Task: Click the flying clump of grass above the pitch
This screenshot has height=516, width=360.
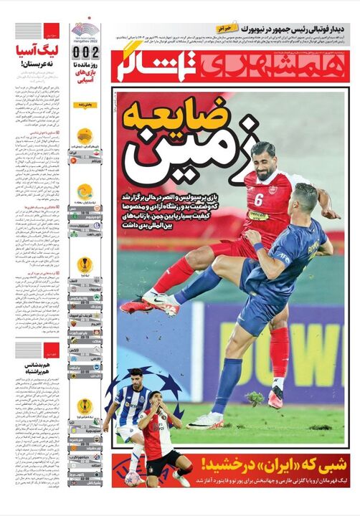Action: (x=251, y=398)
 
